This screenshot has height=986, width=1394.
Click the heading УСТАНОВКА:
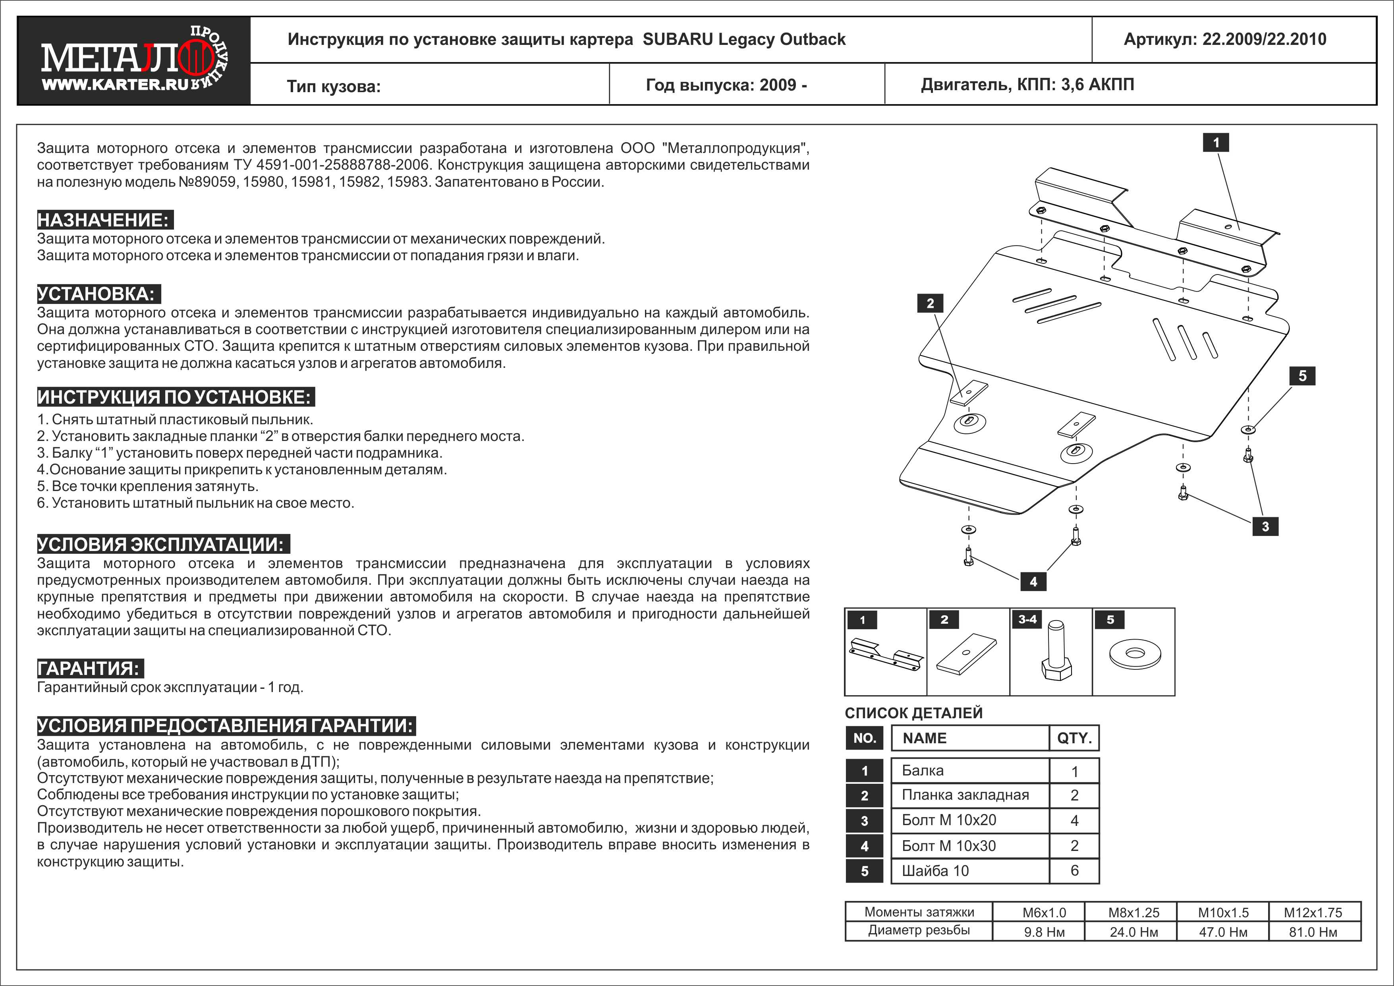click(x=98, y=294)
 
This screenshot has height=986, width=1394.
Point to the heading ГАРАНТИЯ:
click(x=89, y=669)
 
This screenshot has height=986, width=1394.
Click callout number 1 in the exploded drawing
click(x=1216, y=143)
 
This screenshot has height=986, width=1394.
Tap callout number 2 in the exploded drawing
click(x=930, y=304)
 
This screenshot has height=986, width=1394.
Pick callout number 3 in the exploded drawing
click(x=1265, y=526)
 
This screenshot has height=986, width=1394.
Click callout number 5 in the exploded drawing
click(x=1302, y=376)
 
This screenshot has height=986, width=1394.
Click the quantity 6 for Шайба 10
click(x=1074, y=871)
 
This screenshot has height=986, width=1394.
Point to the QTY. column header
click(x=1074, y=738)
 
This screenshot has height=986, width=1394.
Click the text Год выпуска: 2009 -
click(x=726, y=85)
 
